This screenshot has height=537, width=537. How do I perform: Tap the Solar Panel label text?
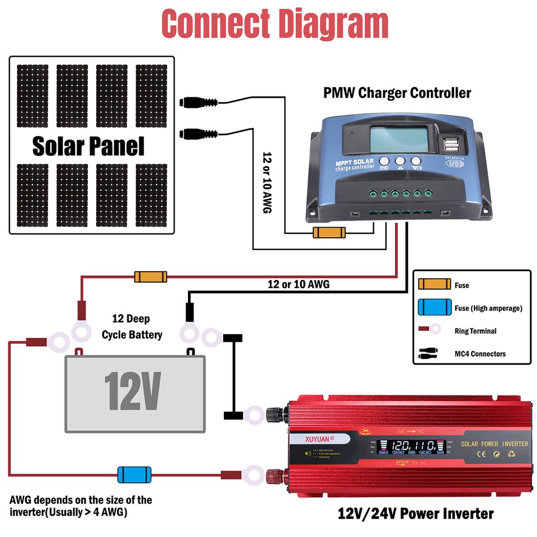pyautogui.click(x=88, y=146)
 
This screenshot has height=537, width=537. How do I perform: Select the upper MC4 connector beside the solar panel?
pyautogui.click(x=199, y=102)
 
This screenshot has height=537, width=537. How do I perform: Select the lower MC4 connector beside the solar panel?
pyautogui.click(x=199, y=134)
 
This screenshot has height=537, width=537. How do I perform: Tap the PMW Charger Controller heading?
pyautogui.click(x=397, y=92)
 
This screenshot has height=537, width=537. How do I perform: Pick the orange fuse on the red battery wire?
pyautogui.click(x=150, y=276)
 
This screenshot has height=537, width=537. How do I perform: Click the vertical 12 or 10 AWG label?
pyautogui.click(x=267, y=182)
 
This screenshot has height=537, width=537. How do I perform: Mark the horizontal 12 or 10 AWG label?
pyautogui.click(x=299, y=284)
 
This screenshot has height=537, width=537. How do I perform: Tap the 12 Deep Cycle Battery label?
pyautogui.click(x=132, y=327)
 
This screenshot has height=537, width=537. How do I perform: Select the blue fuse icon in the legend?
pyautogui.click(x=434, y=308)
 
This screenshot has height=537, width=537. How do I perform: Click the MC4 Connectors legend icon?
pyautogui.click(x=432, y=354)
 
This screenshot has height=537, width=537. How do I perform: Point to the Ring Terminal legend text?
pyautogui.click(x=475, y=331)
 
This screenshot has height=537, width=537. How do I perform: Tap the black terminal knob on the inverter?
pyautogui.click(x=275, y=414)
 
